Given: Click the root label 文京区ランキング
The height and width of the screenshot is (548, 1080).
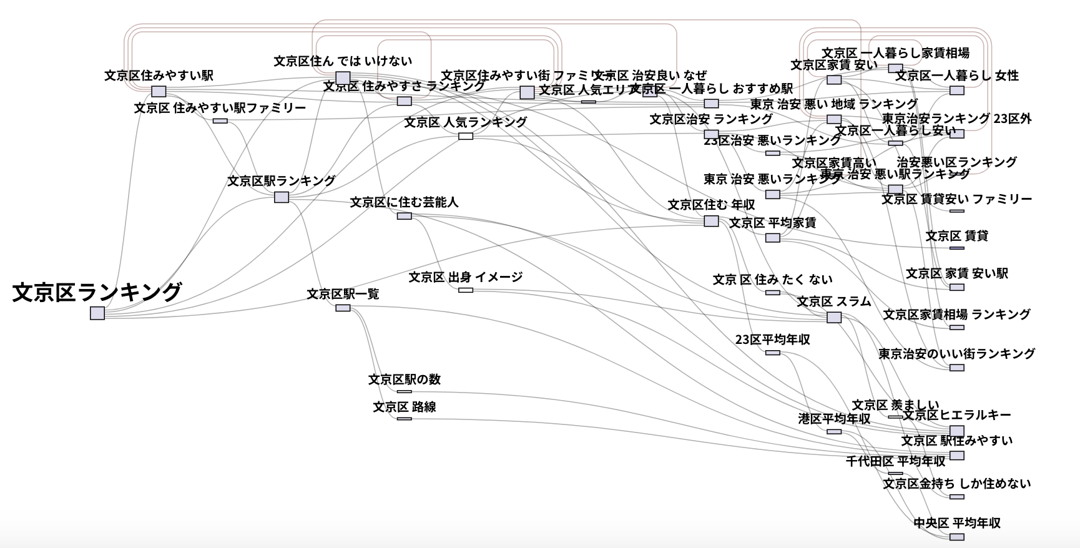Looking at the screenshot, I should click(x=97, y=292).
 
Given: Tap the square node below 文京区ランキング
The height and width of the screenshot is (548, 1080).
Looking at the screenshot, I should click(x=97, y=313).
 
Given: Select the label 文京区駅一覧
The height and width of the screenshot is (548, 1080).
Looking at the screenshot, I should click(x=343, y=294).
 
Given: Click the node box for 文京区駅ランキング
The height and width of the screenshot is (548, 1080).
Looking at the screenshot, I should click(x=282, y=197).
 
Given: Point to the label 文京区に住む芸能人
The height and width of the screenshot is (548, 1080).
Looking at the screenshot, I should click(x=404, y=202).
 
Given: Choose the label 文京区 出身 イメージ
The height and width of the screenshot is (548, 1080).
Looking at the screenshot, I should click(x=466, y=277).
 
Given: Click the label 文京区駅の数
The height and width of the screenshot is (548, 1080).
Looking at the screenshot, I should click(x=405, y=379).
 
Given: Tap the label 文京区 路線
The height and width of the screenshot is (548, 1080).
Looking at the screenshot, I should click(x=405, y=407).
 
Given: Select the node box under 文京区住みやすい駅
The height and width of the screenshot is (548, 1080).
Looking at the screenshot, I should click(x=159, y=91).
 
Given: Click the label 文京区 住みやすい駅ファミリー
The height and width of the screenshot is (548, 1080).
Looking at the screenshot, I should click(x=220, y=109).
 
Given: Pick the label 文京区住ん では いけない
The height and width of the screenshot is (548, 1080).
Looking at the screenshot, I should click(x=343, y=61).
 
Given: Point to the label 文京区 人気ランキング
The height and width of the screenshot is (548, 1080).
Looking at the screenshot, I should click(x=466, y=122).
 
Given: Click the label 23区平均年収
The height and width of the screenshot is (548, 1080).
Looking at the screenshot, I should click(x=772, y=340).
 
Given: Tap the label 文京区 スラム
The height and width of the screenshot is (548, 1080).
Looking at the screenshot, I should click(x=833, y=302).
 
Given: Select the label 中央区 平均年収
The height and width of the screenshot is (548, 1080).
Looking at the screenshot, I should click(x=956, y=523).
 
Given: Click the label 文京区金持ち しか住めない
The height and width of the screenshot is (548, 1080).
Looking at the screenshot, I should click(x=956, y=484).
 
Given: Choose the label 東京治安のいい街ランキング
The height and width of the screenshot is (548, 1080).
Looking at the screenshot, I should click(x=956, y=354).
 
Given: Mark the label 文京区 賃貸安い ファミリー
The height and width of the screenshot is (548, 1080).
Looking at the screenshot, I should click(x=956, y=199).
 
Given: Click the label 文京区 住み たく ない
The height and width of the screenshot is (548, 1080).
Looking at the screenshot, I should click(x=772, y=280).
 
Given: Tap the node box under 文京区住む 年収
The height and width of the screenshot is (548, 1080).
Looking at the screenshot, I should click(x=711, y=221).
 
